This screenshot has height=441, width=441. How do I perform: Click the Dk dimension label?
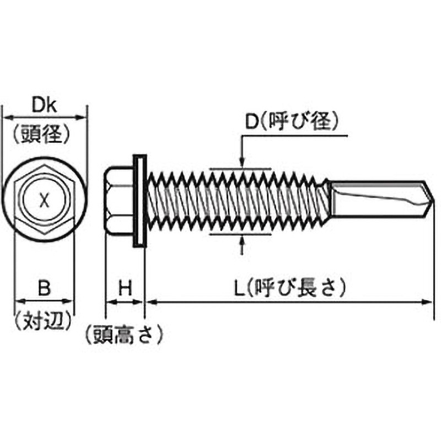45,105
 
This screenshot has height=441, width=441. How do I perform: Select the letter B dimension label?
45,287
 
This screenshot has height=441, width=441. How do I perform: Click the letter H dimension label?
125,287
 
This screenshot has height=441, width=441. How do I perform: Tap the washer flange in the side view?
139,201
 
